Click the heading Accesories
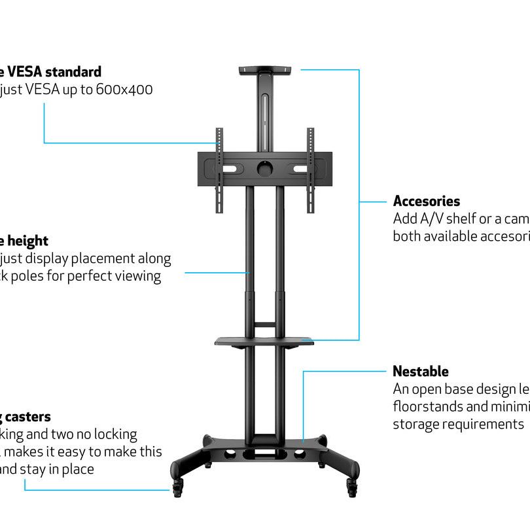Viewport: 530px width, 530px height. tap(426, 202)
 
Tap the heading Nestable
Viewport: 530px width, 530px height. tap(420, 372)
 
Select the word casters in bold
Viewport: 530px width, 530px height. tap(29, 417)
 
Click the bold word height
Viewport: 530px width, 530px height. tap(27, 241)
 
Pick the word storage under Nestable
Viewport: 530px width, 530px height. tap(416, 424)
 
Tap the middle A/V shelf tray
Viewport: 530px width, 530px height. tap(264, 340)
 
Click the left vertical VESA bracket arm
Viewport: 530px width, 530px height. tap(219, 170)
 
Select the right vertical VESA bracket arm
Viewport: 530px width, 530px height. tap(311, 170)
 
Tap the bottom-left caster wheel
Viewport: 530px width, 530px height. tap(179, 485)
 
